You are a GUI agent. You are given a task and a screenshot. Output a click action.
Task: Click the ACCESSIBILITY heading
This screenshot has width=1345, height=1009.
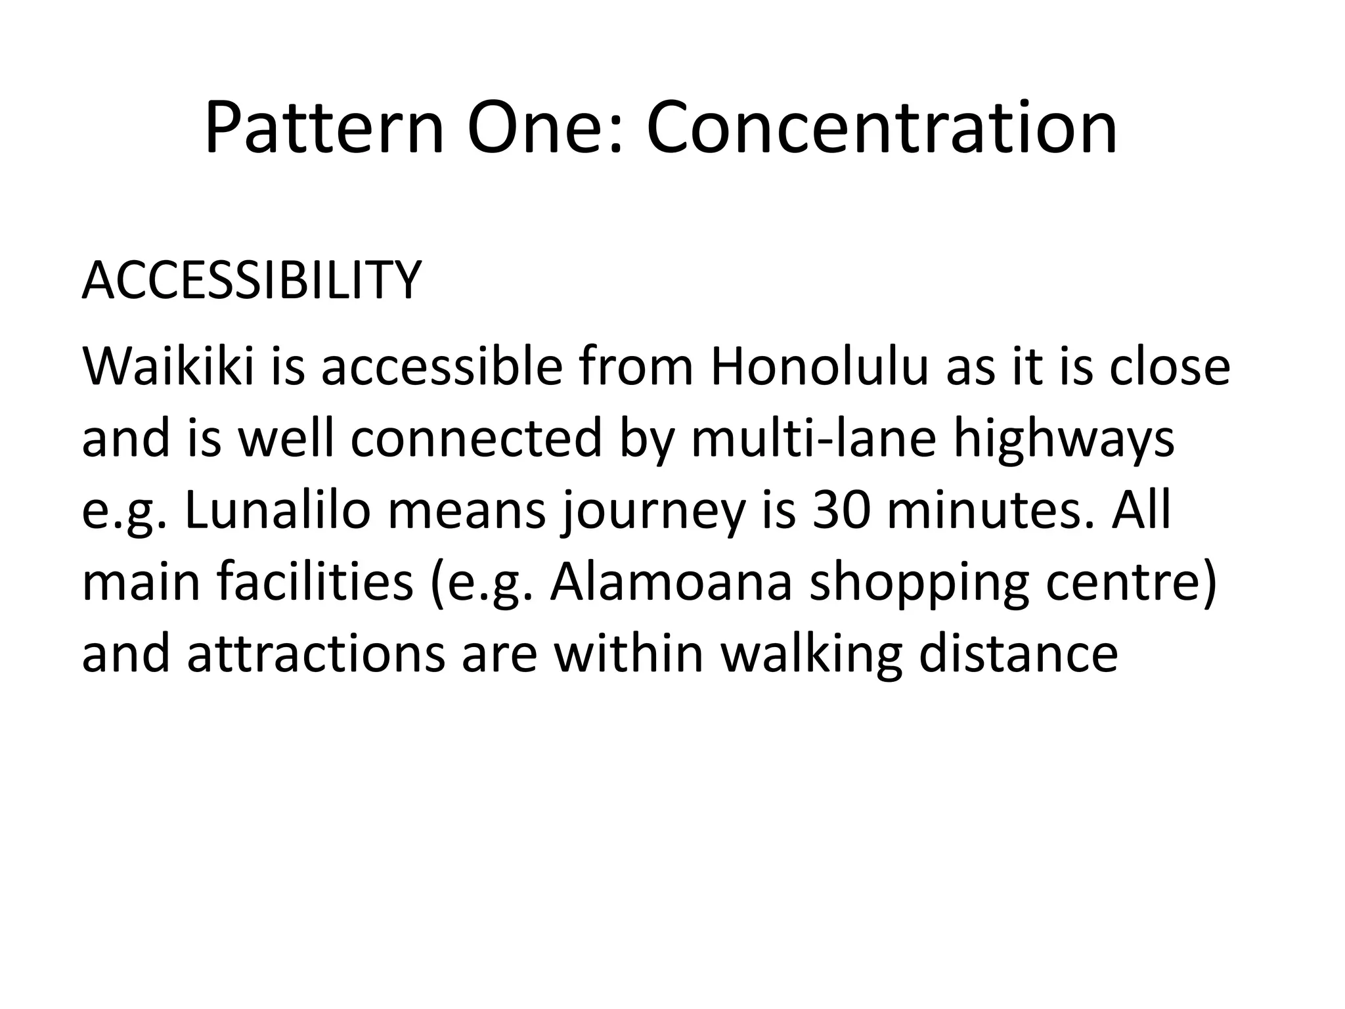251,281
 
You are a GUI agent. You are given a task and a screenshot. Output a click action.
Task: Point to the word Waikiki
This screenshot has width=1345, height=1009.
168,367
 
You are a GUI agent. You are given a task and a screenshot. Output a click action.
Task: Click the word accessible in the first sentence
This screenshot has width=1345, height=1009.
441,367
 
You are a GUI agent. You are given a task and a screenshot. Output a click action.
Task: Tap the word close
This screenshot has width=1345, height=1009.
1170,367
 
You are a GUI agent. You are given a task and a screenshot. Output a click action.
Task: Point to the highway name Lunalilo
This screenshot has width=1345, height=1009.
278,510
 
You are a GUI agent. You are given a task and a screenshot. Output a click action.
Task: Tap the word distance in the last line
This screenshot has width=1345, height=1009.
1017,654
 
